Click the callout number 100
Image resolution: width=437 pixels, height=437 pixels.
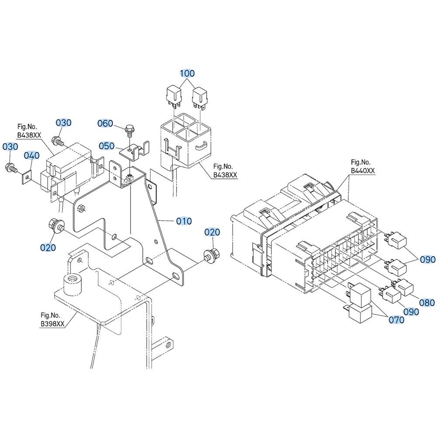click(187, 73)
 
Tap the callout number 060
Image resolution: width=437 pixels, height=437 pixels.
click(105, 124)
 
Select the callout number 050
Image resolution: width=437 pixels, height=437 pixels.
click(107, 146)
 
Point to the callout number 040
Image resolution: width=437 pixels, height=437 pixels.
click(31, 156)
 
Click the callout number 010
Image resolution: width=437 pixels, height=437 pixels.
click(184, 221)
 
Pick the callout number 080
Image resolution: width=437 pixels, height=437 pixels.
click(427, 303)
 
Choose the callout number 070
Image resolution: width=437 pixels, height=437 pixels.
click(396, 320)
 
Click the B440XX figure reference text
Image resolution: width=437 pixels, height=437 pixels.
click(363, 170)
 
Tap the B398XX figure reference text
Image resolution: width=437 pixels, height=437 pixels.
click(53, 324)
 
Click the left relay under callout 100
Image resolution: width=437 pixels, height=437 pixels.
click(173, 97)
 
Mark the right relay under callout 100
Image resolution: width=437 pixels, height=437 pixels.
click(200, 98)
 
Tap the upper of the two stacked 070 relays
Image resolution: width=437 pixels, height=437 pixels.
click(359, 294)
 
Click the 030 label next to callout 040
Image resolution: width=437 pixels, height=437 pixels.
click(10, 146)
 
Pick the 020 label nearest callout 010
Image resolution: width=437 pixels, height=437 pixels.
click(212, 232)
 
